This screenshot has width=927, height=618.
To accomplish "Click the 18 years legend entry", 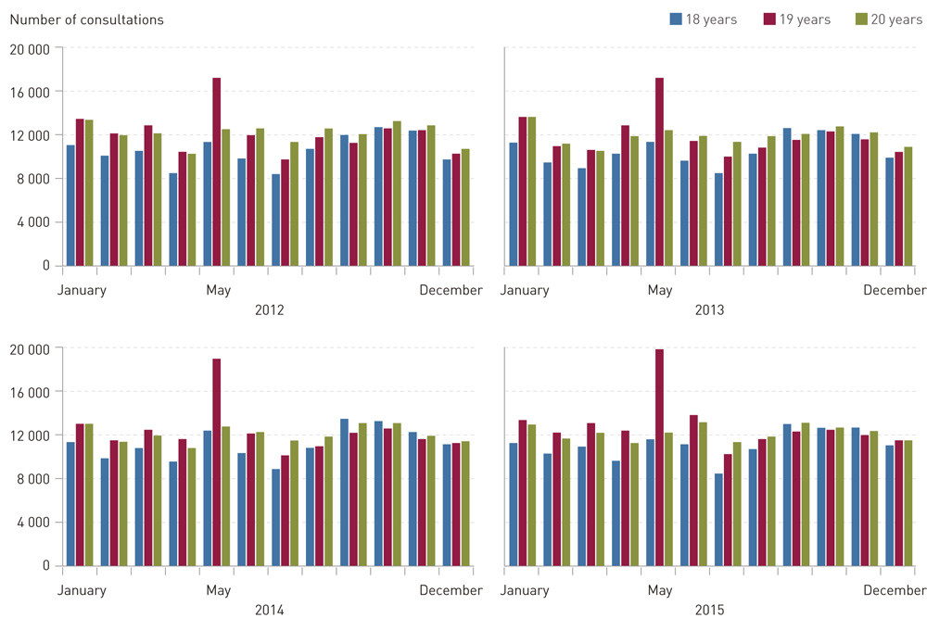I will [702, 19].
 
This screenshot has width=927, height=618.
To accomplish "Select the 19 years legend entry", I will [795, 19].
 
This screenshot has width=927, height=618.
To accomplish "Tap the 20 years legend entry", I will [887, 19].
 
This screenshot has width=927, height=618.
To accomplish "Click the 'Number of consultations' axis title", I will [86, 19].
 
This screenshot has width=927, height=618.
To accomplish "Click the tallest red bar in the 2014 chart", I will [216, 461].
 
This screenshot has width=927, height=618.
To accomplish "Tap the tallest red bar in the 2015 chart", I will [659, 457].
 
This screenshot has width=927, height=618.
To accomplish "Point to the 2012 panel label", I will [269, 309].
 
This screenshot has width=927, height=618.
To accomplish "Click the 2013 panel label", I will [710, 309].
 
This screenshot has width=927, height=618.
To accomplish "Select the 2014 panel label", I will [269, 610].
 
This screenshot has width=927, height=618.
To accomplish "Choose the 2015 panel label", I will [710, 610].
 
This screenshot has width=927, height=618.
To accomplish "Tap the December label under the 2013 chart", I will [895, 291].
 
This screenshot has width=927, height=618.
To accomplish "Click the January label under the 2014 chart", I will [82, 590].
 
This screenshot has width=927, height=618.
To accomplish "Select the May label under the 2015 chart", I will [660, 590].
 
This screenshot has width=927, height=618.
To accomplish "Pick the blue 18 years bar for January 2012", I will [70, 205].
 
